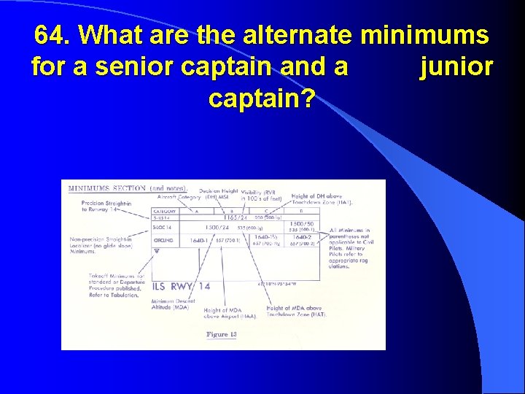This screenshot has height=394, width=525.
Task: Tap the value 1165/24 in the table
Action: point(235,217)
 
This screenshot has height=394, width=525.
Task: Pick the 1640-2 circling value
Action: point(301,237)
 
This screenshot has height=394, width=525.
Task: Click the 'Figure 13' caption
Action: point(222,334)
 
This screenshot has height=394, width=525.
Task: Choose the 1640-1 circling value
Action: point(199,239)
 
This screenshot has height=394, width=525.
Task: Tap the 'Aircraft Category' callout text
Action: point(177,197)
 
